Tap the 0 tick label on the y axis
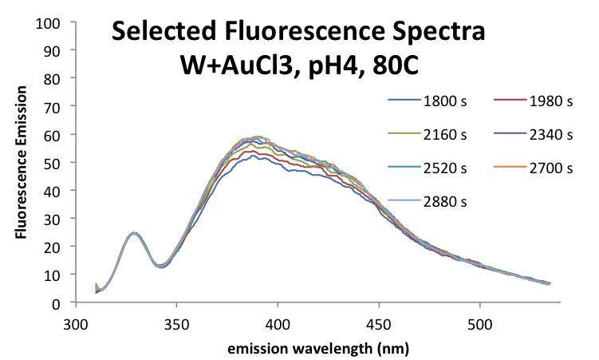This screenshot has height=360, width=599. [x=59, y=303]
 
